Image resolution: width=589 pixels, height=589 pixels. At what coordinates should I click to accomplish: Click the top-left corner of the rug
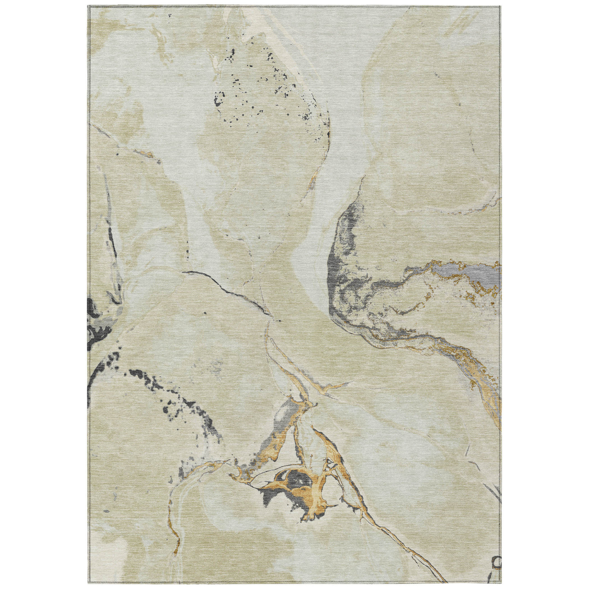click(88, 6)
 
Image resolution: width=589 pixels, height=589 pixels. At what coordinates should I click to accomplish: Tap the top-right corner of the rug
click(501, 6)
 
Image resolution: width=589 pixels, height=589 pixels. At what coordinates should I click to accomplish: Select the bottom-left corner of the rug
click(88, 583)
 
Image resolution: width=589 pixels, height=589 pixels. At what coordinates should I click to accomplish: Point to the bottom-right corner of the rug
click(501, 583)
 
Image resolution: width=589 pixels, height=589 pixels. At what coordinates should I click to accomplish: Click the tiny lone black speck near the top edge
click(170, 15)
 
